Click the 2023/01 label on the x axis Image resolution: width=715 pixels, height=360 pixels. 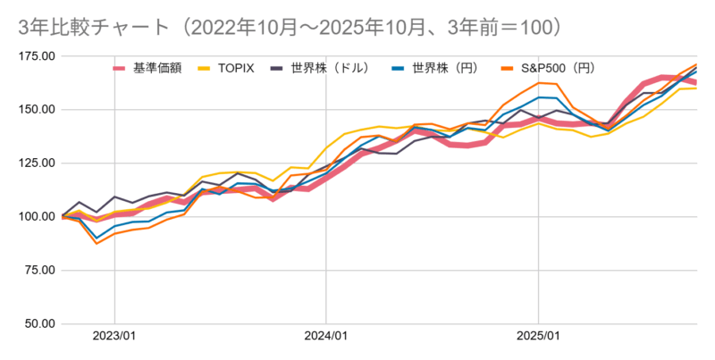[114, 338]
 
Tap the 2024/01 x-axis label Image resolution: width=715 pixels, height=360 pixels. [326, 338]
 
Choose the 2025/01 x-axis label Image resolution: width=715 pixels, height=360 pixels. [539, 338]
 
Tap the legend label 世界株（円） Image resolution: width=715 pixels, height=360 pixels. [449, 67]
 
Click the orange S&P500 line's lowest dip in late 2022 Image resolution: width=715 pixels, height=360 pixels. [97, 243]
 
